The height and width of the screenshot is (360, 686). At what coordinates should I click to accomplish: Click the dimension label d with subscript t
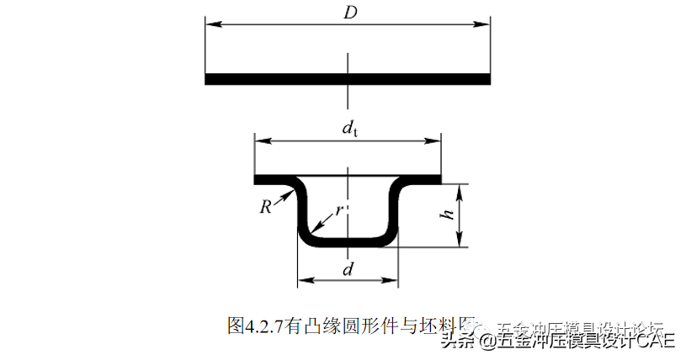tap(348, 129)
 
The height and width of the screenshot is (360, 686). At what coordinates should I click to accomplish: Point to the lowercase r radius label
tap(338, 210)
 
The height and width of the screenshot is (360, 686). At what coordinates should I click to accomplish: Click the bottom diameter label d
tap(348, 269)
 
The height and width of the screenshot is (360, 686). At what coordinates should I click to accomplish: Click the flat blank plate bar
tap(348, 79)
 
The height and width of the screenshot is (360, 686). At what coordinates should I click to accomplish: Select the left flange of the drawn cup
tap(274, 178)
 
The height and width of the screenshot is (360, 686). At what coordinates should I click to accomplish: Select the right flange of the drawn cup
tap(422, 178)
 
